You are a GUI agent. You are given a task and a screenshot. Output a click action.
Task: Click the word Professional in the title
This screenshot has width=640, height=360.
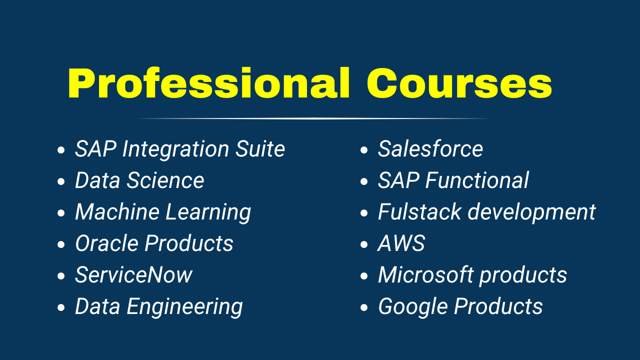click(208, 83)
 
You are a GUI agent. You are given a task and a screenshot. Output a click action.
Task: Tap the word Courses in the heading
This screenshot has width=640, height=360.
click(459, 83)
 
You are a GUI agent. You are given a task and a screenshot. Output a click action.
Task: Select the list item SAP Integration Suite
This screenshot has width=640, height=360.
click(180, 149)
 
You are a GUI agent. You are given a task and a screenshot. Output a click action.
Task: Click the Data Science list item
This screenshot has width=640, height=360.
click(139, 180)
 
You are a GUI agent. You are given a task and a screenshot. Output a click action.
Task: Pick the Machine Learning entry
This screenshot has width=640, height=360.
click(163, 212)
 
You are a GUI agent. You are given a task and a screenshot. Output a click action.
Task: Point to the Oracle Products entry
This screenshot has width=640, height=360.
click(154, 243)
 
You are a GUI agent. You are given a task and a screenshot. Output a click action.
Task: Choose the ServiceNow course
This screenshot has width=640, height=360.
click(133, 275)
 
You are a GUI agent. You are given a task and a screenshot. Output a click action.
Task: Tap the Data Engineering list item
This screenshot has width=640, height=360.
click(159, 307)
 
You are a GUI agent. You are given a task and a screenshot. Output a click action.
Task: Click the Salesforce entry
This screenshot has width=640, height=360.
click(430, 148)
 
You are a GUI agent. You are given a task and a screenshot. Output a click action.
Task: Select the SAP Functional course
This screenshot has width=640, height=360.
click(453, 180)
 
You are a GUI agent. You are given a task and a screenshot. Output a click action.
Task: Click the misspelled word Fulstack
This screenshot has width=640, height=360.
click(420, 211)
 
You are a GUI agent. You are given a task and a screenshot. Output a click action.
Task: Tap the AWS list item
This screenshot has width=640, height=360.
click(401, 243)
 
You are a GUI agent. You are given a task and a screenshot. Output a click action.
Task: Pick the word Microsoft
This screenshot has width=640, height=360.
click(425, 275)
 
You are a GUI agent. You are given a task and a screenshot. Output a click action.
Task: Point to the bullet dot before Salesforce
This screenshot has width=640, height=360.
click(363, 150)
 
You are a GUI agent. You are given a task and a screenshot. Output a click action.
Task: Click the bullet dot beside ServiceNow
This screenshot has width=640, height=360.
click(61, 276)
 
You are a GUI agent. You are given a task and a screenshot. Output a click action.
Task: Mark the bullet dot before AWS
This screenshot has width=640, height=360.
click(363, 244)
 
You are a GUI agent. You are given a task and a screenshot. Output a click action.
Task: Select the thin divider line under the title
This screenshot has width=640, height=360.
click(313, 118)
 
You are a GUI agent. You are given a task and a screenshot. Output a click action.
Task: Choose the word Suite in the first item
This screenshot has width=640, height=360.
click(260, 149)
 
